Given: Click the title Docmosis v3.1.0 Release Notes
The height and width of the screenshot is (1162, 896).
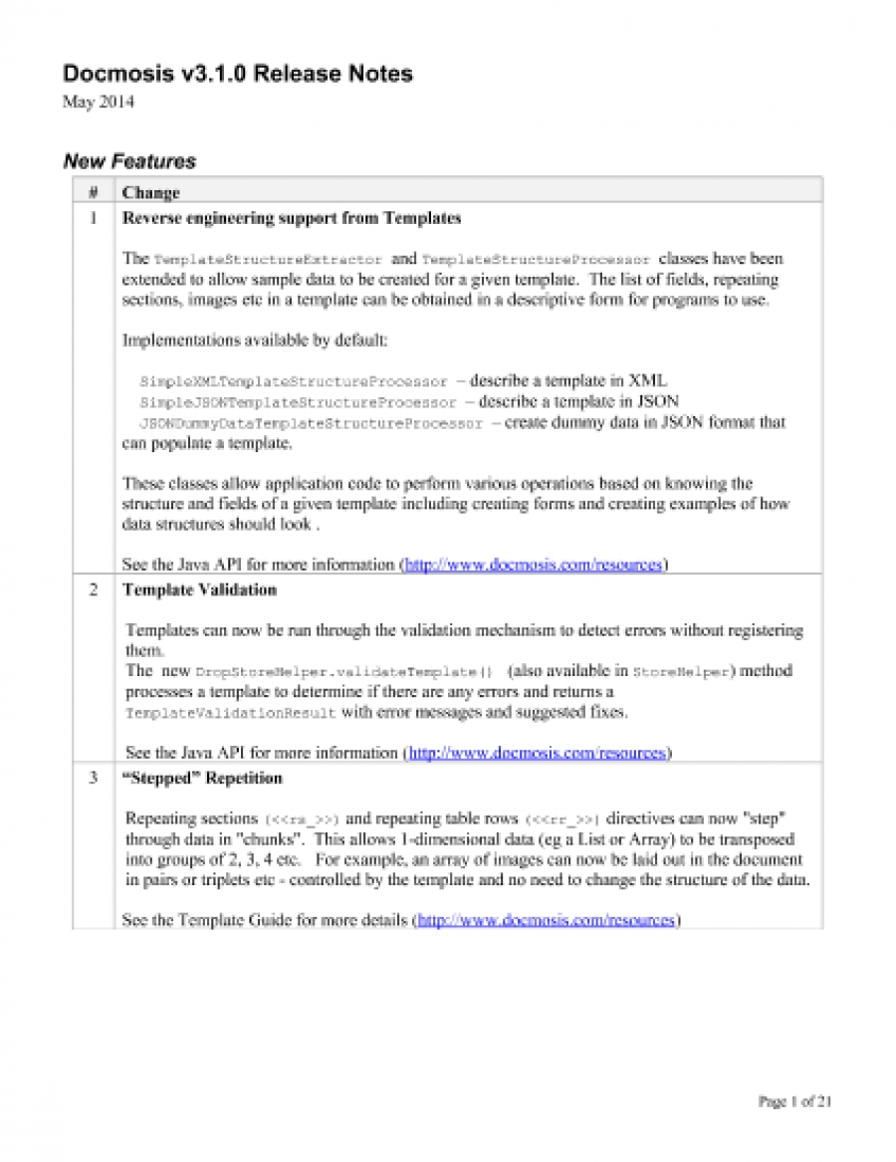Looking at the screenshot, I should point(238,74).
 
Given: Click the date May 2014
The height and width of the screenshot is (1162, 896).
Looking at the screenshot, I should point(99,102).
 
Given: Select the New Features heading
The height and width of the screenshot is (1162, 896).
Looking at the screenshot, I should point(129,161).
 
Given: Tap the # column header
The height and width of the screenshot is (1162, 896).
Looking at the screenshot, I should point(93,192).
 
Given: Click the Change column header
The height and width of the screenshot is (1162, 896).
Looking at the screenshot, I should point(150,192).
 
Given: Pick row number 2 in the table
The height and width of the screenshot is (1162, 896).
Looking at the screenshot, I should point(93,589).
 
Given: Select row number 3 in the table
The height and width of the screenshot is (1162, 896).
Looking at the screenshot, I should point(93,778).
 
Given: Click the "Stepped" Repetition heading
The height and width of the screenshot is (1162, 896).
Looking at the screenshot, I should point(202,778).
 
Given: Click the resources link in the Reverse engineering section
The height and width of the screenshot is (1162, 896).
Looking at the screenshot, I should point(533,565).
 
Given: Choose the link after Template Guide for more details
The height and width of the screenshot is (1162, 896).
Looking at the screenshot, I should point(546,921).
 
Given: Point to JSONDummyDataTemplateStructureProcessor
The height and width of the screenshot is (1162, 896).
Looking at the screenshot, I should point(305,423).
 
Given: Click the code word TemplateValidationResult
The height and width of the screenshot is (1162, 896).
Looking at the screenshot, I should point(232,714).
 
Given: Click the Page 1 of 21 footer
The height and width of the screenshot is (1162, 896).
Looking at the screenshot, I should point(794,1101).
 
